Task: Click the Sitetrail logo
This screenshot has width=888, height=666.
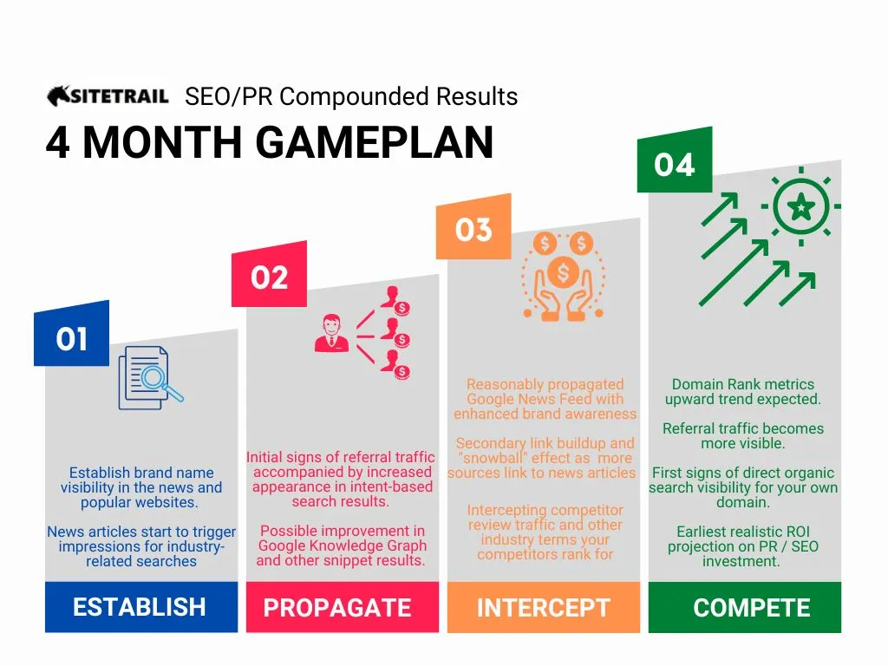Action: point(108,95)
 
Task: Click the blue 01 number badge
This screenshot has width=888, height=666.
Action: point(71,334)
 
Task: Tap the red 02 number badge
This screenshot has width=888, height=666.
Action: point(269,275)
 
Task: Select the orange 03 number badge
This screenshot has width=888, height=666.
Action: point(473,227)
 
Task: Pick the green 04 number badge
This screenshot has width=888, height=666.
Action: point(675,160)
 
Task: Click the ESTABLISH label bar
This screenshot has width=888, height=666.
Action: point(141,607)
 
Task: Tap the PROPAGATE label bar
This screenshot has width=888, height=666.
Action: point(342,607)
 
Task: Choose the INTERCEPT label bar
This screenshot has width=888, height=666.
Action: point(544,607)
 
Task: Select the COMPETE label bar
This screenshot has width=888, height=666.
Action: point(745,607)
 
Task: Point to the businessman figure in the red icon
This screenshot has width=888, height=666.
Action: point(331,334)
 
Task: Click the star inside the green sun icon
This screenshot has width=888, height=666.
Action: point(801,206)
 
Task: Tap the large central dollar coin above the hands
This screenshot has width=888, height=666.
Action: point(563,272)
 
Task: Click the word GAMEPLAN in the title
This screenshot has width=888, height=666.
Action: point(375,142)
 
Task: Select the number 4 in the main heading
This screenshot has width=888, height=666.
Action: point(57,142)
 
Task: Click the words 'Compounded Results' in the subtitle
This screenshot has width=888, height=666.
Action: point(399,97)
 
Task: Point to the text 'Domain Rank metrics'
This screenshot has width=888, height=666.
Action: point(743,384)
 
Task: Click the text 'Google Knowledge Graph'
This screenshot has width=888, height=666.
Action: point(342,546)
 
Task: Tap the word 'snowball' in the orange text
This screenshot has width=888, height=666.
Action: point(493,458)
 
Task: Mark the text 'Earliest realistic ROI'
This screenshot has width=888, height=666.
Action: point(743,532)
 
